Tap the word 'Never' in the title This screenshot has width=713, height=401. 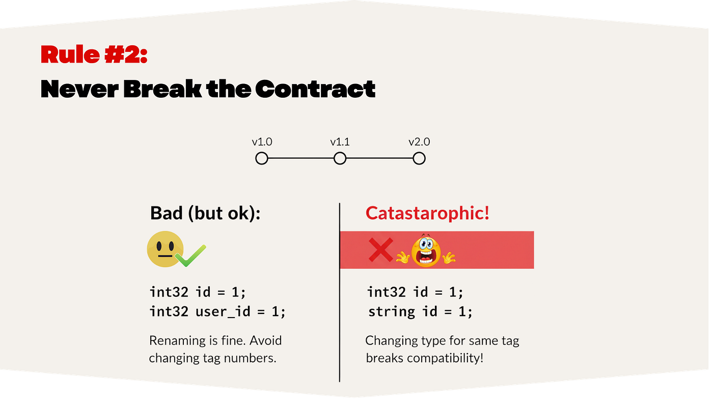(80, 90)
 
